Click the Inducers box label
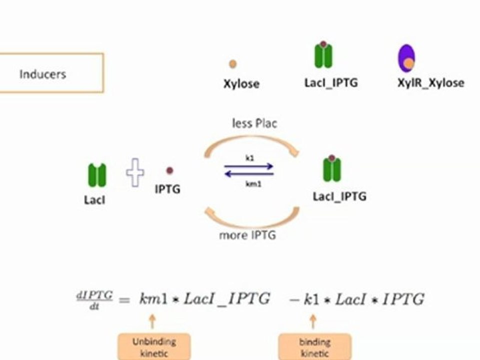[42, 74]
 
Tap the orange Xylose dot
[232, 64]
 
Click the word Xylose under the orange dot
[241, 83]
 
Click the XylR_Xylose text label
[430, 82]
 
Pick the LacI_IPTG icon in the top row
[323, 54]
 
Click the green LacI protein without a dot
[97, 175]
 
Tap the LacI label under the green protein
[94, 200]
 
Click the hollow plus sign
[135, 172]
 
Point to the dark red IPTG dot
[169, 170]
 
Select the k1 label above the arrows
[250, 158]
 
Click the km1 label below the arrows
[253, 183]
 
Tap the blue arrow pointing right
[248, 166]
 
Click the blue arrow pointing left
[249, 174]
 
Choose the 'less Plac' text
[254, 123]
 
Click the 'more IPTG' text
[247, 235]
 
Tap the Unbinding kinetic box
[154, 347]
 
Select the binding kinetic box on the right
[314, 347]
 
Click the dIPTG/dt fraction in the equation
[94, 300]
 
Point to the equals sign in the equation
[124, 300]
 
